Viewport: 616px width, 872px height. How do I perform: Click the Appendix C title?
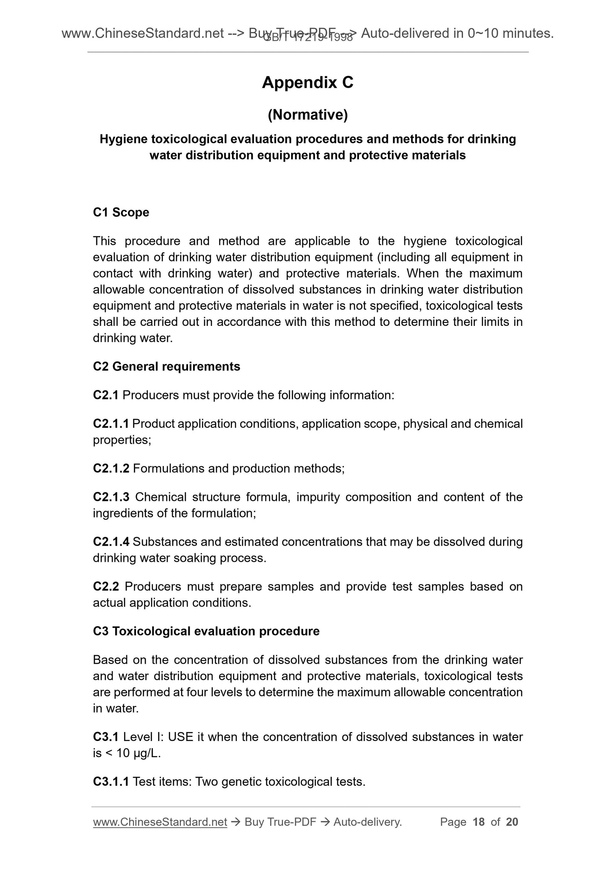307,82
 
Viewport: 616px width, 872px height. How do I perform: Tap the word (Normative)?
307,115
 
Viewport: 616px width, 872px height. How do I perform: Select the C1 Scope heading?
121,212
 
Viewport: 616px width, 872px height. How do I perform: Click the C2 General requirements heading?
166,366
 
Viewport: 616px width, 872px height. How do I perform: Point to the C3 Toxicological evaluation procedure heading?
206,631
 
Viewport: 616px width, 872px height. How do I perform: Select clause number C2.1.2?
111,468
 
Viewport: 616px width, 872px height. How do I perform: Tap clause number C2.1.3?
111,497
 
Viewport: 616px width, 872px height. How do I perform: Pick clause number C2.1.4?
111,542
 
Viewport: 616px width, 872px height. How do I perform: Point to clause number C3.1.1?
111,782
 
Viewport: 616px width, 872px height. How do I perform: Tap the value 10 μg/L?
138,753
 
